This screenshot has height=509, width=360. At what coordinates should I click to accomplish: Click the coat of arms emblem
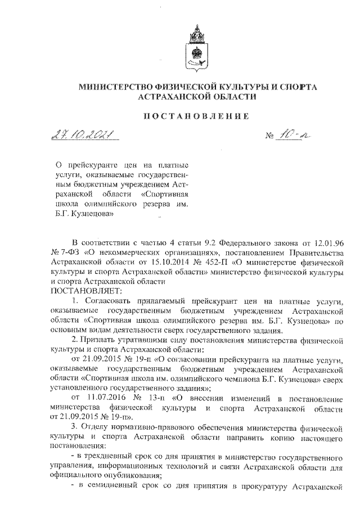point(197,48)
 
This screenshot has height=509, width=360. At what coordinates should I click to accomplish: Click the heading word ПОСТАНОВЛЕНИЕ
point(197,116)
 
